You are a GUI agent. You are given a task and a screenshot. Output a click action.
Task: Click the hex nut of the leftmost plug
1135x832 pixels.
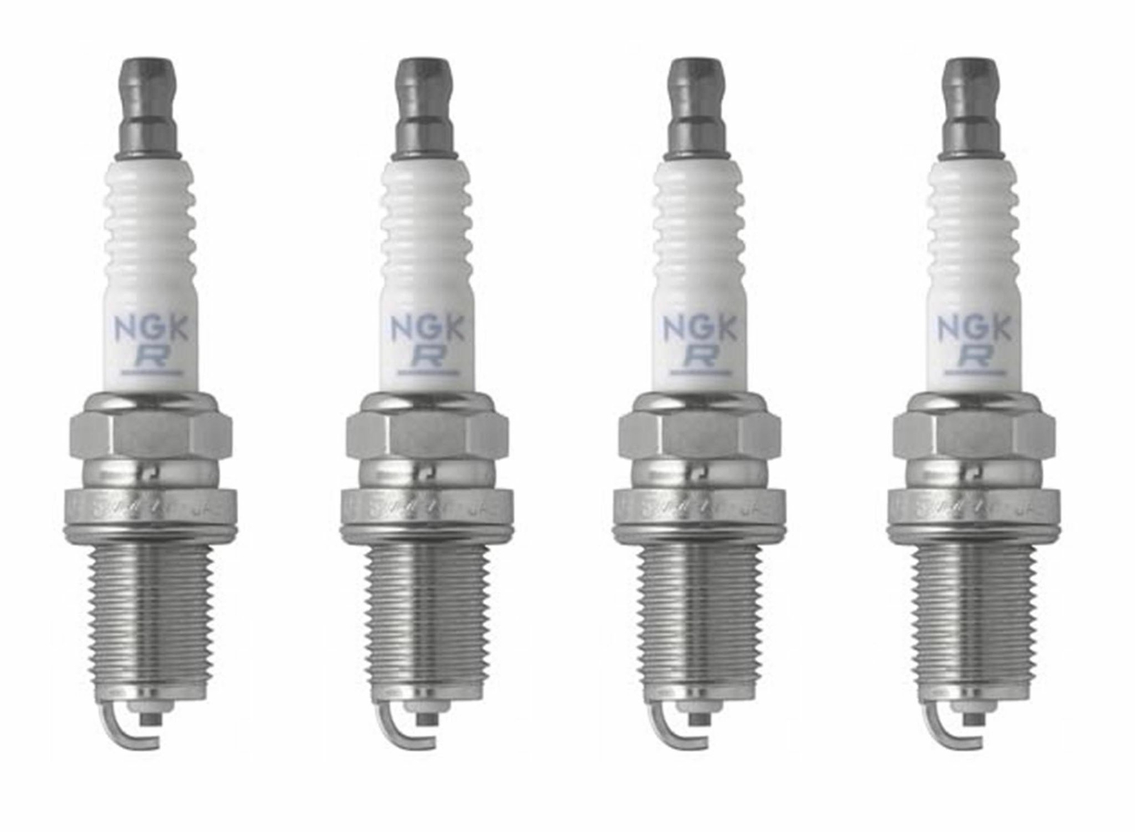tap(150, 434)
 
